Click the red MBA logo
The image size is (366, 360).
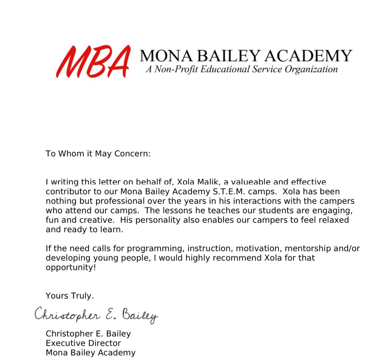(x=93, y=61)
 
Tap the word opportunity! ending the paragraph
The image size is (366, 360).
(x=71, y=267)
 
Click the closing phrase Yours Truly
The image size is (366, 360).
(x=70, y=296)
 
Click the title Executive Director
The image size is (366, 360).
(x=83, y=344)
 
